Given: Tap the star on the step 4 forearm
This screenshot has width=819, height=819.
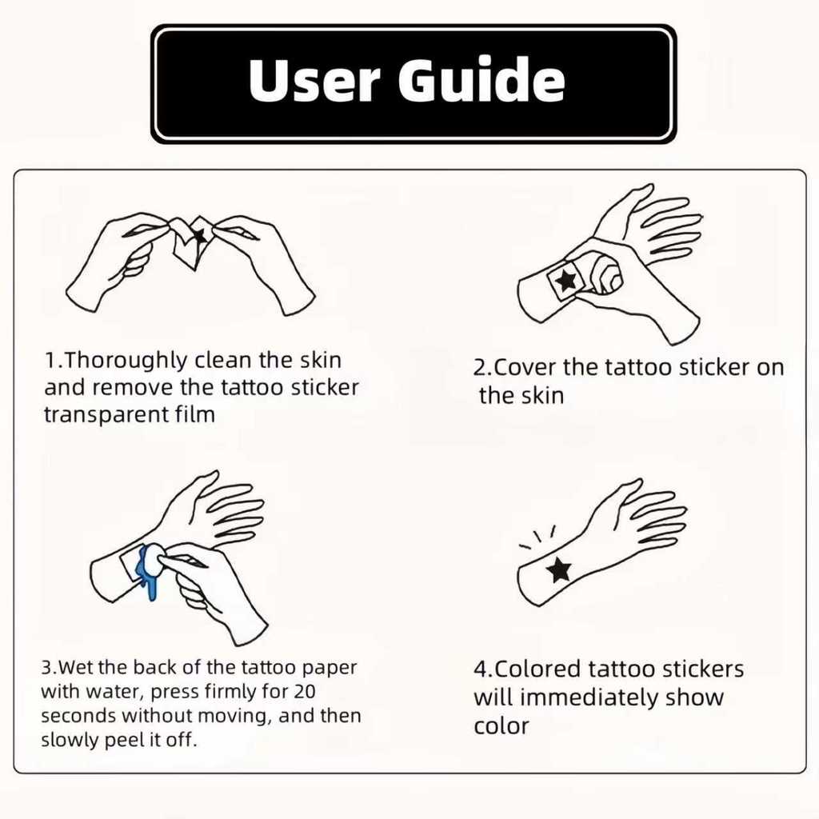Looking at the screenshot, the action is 559,569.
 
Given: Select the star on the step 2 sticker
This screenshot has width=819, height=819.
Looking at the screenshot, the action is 566,280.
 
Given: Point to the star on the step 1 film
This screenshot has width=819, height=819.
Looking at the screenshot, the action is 199,236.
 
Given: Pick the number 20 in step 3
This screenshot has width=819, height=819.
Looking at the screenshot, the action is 305,691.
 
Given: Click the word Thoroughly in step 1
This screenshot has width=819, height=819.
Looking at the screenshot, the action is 126,361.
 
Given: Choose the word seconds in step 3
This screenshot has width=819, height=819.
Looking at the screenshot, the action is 78,716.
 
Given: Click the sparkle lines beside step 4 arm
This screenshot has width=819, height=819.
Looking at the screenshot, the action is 537,538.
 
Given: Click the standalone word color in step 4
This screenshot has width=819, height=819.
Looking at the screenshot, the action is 501,726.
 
